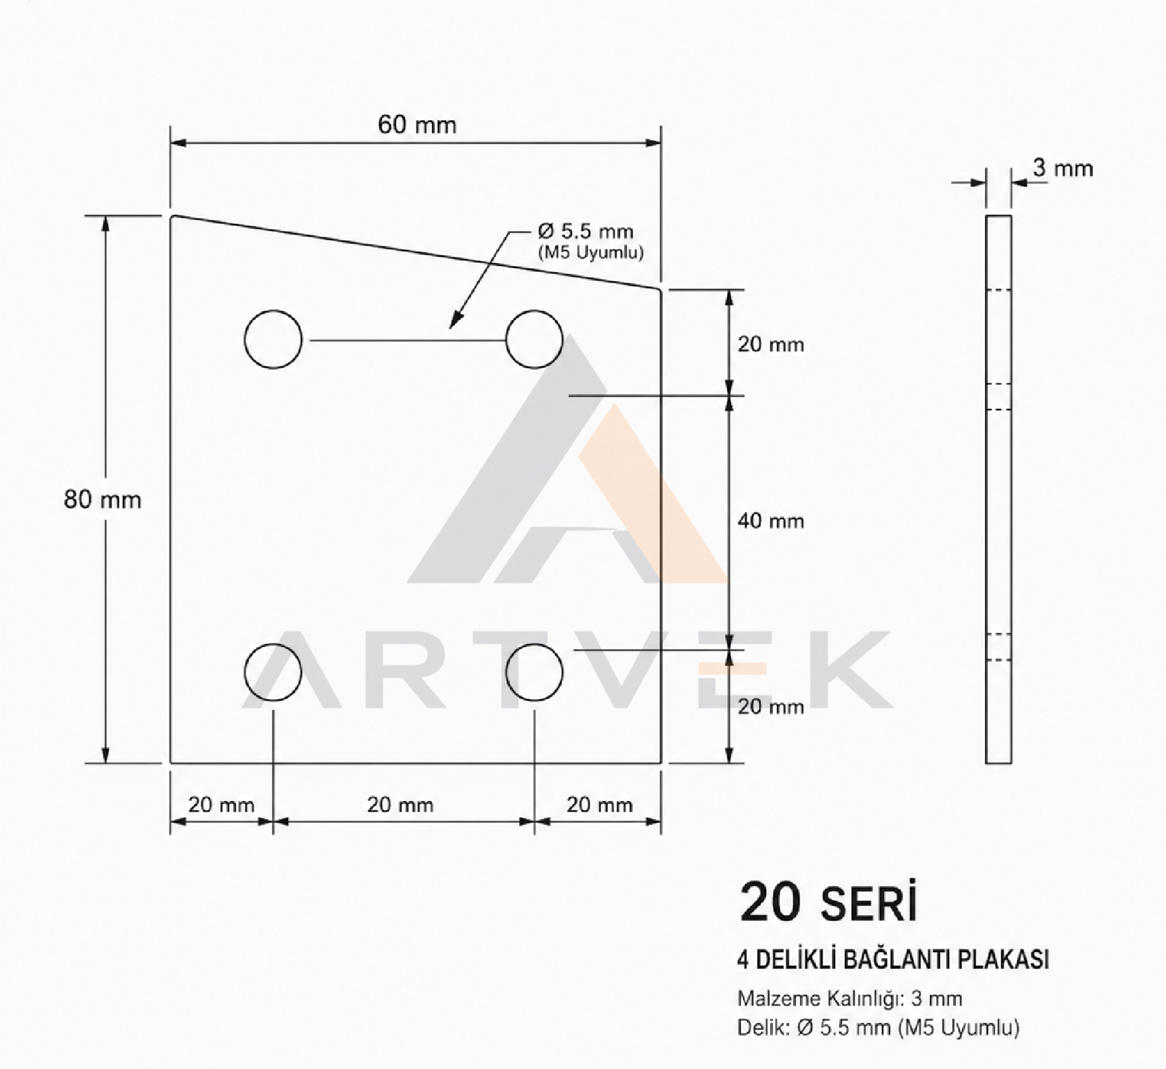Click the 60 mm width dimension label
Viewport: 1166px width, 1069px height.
tap(417, 125)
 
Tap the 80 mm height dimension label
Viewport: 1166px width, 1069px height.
tap(103, 500)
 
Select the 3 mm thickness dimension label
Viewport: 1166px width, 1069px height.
tap(1063, 168)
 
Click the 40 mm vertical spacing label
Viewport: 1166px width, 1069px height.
tap(771, 521)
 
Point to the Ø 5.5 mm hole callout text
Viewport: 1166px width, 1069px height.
tap(586, 231)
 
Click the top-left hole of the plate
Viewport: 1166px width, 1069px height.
tap(274, 339)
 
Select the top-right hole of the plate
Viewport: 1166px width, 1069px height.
tap(534, 339)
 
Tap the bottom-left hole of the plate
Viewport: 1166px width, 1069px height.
tap(274, 672)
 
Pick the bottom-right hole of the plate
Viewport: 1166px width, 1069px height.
tap(534, 672)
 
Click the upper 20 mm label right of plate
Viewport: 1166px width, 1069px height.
tap(771, 344)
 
